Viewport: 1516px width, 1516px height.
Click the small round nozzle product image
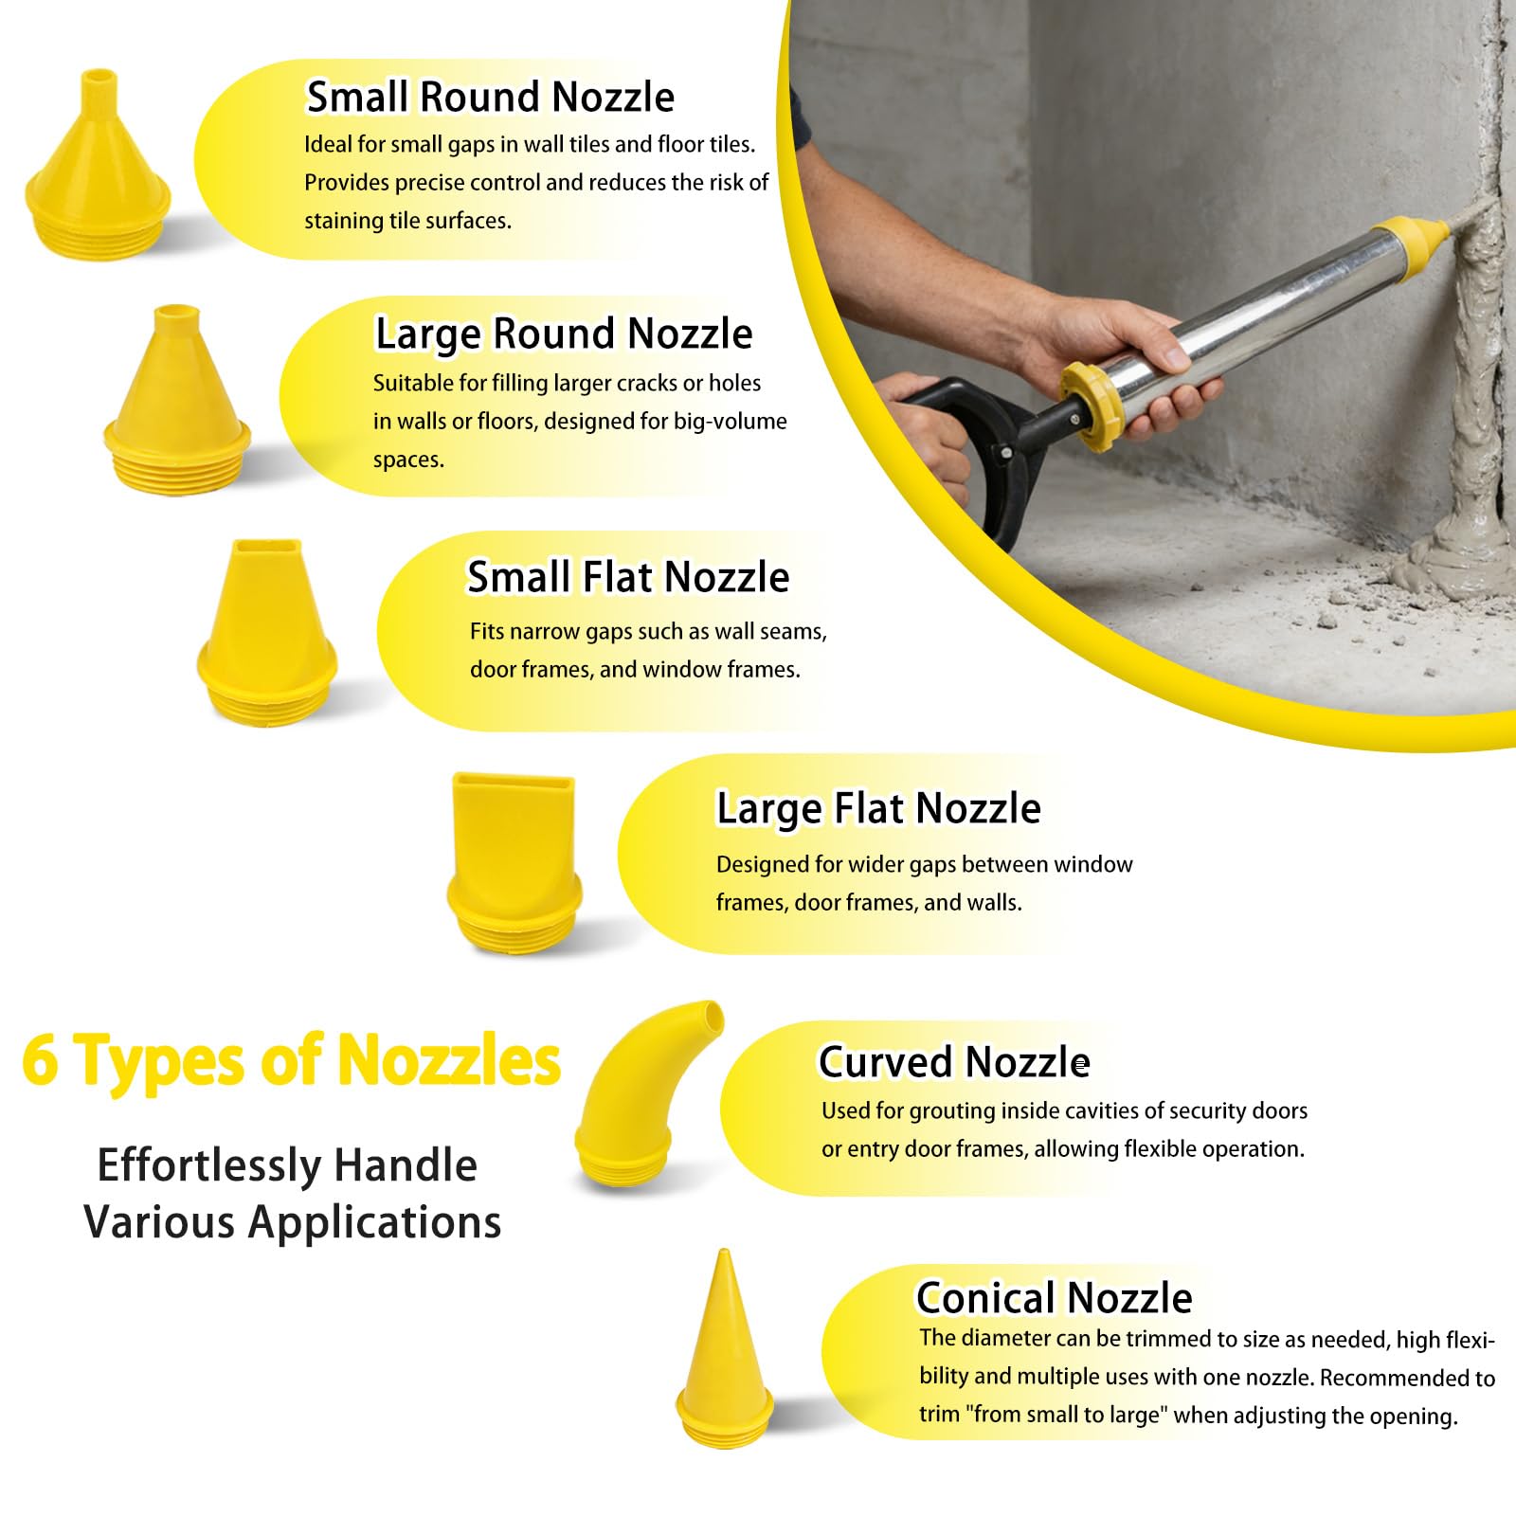pyautogui.click(x=98, y=166)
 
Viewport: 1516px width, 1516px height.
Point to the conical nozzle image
pyautogui.click(x=724, y=1345)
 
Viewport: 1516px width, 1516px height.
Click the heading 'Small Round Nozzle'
pyautogui.click(x=490, y=97)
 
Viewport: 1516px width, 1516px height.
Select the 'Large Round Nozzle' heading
pyautogui.click(x=564, y=334)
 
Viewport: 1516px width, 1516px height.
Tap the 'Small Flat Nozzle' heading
pyautogui.click(x=628, y=576)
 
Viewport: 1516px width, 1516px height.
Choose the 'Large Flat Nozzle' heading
pyautogui.click(x=878, y=808)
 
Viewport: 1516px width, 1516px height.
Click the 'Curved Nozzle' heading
pyautogui.click(x=954, y=1061)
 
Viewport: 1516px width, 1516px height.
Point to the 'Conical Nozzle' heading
pyautogui.click(x=1054, y=1297)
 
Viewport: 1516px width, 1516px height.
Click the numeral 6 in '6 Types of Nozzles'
pyautogui.click(x=40, y=1060)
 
